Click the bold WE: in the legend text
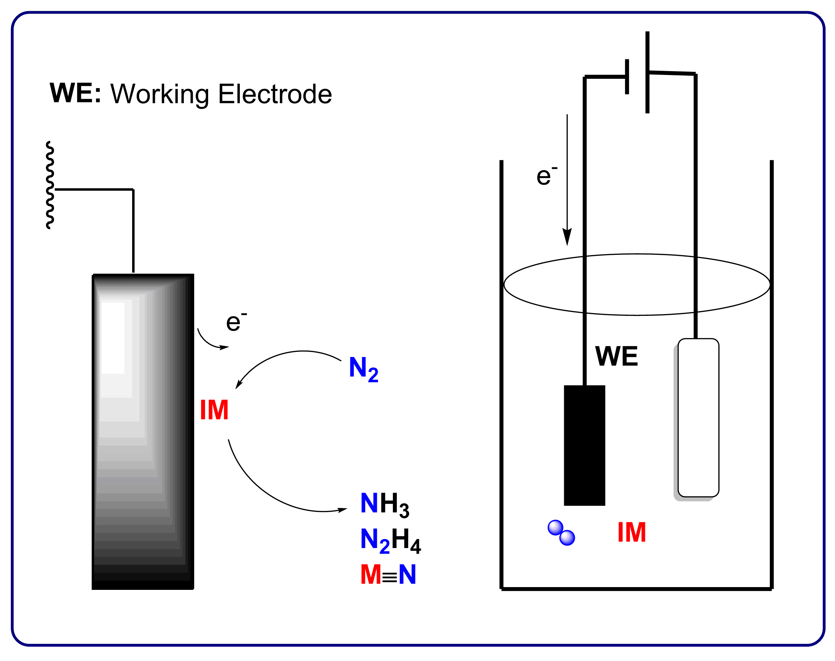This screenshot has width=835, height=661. (75, 93)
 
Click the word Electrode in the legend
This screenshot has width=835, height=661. (275, 94)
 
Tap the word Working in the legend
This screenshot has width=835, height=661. (159, 95)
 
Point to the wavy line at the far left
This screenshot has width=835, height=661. (50, 185)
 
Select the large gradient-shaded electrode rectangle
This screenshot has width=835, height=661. (143, 431)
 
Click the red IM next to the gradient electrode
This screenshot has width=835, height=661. (214, 410)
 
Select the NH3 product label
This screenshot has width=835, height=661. (384, 504)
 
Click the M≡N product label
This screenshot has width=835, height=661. (388, 574)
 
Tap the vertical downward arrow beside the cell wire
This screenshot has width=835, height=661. (567, 182)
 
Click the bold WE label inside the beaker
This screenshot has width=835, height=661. (616, 356)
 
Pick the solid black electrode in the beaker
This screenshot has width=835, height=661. (584, 446)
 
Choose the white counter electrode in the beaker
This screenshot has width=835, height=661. (698, 418)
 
